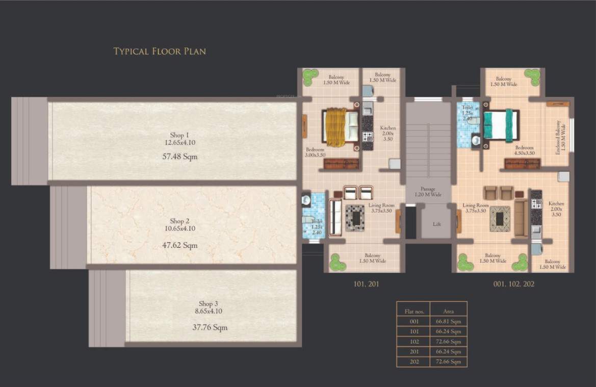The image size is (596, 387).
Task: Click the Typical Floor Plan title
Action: coord(159,51)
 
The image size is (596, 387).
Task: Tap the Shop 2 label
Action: coord(179,221)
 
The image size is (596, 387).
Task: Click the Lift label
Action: coord(436,224)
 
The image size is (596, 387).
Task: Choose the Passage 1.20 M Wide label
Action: coord(428,192)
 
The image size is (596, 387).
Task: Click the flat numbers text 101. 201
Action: coord(366,284)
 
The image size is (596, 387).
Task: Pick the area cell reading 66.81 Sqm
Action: coord(448,321)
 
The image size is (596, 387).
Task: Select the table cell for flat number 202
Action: coord(413,362)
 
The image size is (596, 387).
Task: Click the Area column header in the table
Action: coord(448,311)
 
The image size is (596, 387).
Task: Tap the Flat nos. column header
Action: coord(413,311)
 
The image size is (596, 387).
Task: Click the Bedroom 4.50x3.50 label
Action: coord(526,149)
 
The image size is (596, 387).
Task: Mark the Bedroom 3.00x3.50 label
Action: coord(315,152)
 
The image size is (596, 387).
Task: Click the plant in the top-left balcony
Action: coord(310,76)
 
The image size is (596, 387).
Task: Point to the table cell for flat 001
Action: coord(413,321)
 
